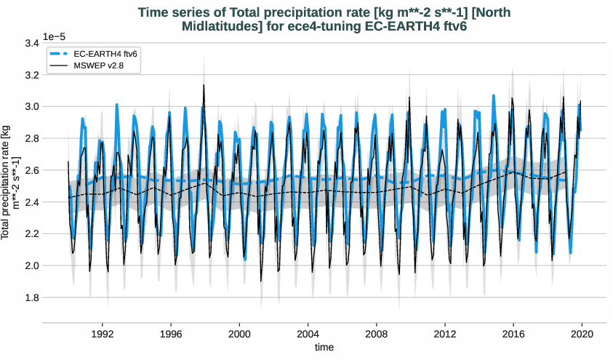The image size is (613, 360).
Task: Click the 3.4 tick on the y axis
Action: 31,44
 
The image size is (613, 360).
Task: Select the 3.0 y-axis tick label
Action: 31,107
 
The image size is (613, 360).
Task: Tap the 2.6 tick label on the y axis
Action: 31,170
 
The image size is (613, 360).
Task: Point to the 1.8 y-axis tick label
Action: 31,297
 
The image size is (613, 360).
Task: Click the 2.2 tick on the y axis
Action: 31,233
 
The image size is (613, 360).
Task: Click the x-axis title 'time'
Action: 324,348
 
